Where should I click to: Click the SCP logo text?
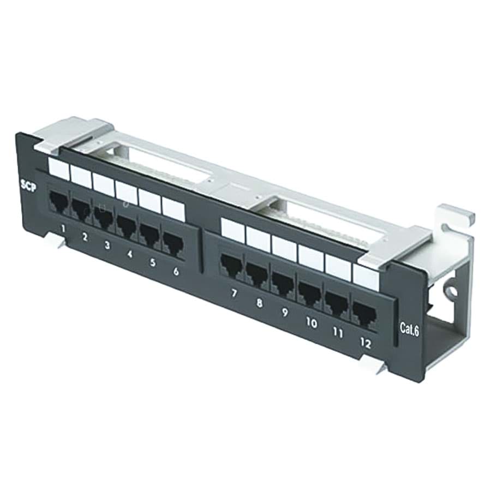tap(28, 186)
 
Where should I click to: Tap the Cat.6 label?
tap(409, 330)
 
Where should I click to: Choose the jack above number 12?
tap(364, 312)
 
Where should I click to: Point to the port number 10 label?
tap(312, 323)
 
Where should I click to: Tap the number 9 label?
tap(285, 313)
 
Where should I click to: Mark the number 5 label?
tap(153, 262)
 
